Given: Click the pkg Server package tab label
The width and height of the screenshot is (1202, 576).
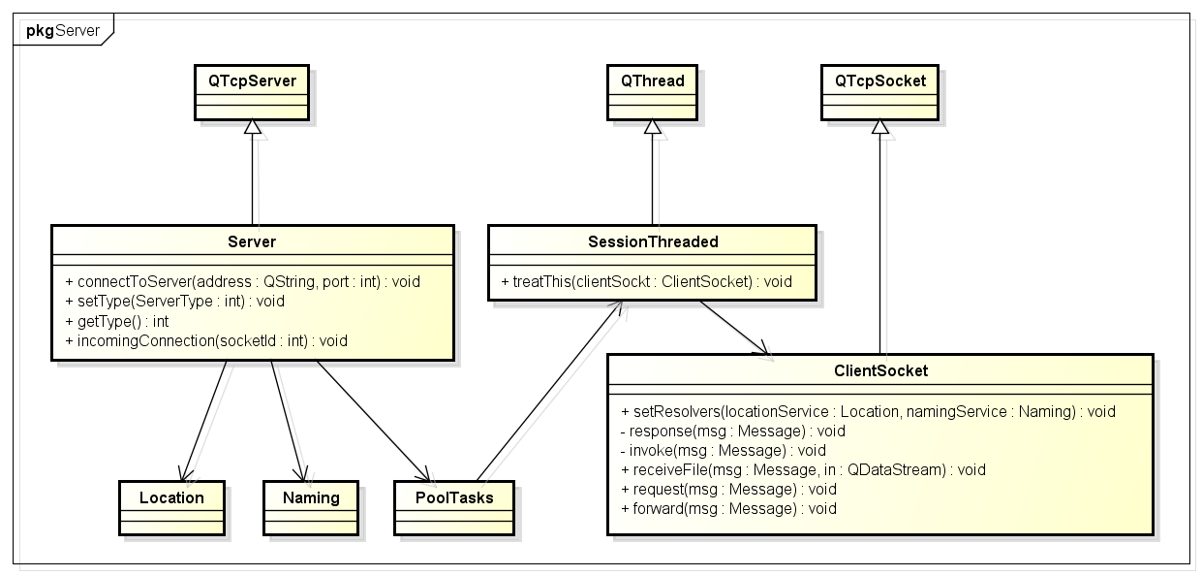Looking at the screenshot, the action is [x=63, y=31].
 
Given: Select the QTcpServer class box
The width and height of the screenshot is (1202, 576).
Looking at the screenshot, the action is [x=252, y=92].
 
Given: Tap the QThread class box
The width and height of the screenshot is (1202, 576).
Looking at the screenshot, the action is [x=652, y=92].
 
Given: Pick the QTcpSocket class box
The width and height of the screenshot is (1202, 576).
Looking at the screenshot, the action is [x=879, y=92].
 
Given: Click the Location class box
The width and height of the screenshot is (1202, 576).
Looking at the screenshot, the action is [x=171, y=508].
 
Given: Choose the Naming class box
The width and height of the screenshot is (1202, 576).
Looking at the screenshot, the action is [x=311, y=508].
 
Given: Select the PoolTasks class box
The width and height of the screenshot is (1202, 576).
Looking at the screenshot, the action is [x=454, y=508].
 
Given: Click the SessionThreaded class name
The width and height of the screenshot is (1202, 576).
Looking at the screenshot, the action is [x=653, y=241].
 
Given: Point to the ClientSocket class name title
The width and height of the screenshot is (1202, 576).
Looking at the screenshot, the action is [x=880, y=370].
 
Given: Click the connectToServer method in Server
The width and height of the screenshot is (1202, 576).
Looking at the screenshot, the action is [x=242, y=281].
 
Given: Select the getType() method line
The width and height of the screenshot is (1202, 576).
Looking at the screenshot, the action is [x=117, y=321].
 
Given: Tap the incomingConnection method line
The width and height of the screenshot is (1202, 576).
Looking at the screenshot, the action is [x=206, y=340].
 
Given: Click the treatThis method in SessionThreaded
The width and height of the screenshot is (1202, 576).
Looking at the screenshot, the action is [x=646, y=281].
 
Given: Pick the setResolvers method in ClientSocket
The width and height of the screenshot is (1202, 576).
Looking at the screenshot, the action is [x=868, y=411].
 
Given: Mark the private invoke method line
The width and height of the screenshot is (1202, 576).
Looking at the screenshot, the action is [x=723, y=450].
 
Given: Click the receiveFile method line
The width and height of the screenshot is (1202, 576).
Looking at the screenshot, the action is [x=803, y=469].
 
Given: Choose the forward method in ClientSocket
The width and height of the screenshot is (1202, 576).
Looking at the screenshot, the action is [x=728, y=508].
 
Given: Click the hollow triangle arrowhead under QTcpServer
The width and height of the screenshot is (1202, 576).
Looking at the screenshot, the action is [x=252, y=127].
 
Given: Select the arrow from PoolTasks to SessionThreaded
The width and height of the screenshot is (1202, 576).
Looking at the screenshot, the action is [x=549, y=391].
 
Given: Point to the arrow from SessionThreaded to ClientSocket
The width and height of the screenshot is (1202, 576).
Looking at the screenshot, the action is [x=734, y=328].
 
